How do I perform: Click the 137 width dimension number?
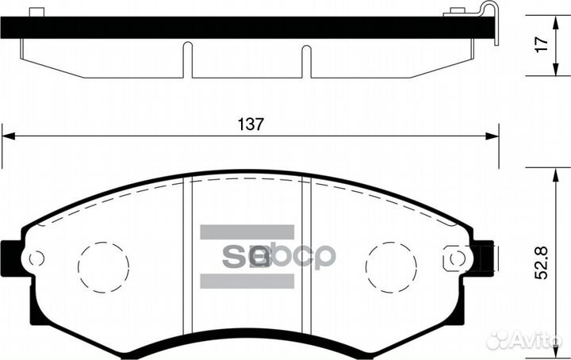coord(250,124)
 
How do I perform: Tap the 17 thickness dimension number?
coord(541,45)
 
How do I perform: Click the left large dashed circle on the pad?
coord(103,266)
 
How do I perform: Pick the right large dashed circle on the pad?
coord(391,266)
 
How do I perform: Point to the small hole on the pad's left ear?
coord(35,259)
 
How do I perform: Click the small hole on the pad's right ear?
coord(456,259)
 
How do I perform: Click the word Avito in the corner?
coord(539,340)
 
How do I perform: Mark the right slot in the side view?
coord(306,60)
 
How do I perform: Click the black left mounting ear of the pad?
coord(11,259)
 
